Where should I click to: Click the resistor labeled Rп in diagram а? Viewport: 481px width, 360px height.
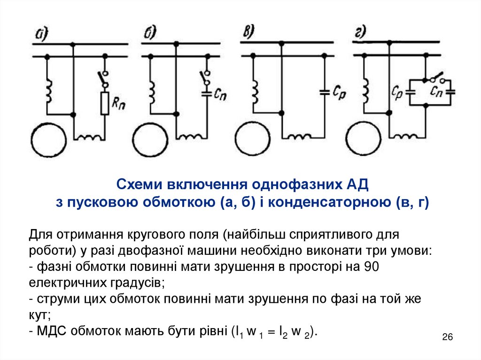(104, 103)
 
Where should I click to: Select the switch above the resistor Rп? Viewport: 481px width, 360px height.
(103, 79)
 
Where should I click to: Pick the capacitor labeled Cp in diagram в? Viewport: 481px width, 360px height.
(324, 92)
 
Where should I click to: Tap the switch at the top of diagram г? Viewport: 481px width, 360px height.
(437, 78)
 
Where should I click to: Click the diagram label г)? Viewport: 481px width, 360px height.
(360, 32)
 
